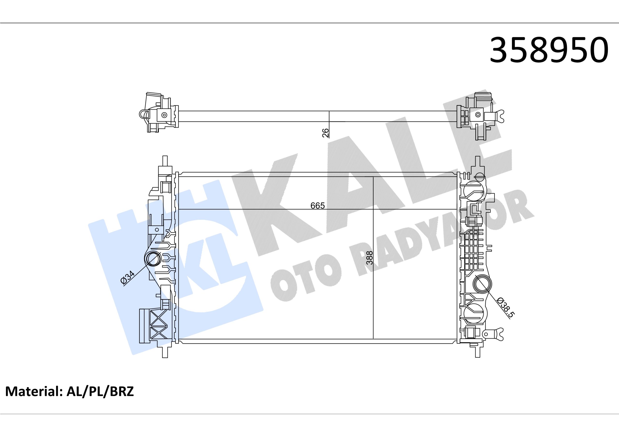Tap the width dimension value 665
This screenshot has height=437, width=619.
pos(317,206)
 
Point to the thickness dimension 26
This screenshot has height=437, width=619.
pos(326,133)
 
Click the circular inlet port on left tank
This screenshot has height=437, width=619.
pos(153,259)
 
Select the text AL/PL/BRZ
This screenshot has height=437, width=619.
pos(100,392)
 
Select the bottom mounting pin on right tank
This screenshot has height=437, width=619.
pos(478,352)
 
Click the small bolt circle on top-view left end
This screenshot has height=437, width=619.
pos(164,115)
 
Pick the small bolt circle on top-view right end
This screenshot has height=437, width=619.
pos(478,115)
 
